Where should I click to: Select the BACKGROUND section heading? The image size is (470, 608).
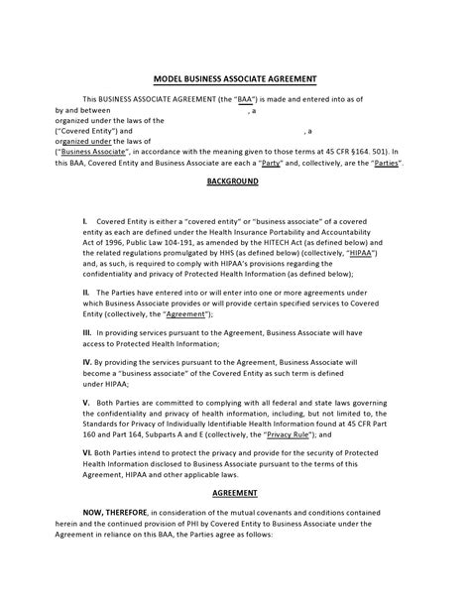click(x=233, y=182)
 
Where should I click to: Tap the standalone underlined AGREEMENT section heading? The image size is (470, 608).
click(x=234, y=492)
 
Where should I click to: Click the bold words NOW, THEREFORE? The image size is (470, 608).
click(x=113, y=512)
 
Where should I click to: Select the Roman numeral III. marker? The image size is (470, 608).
click(x=87, y=333)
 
